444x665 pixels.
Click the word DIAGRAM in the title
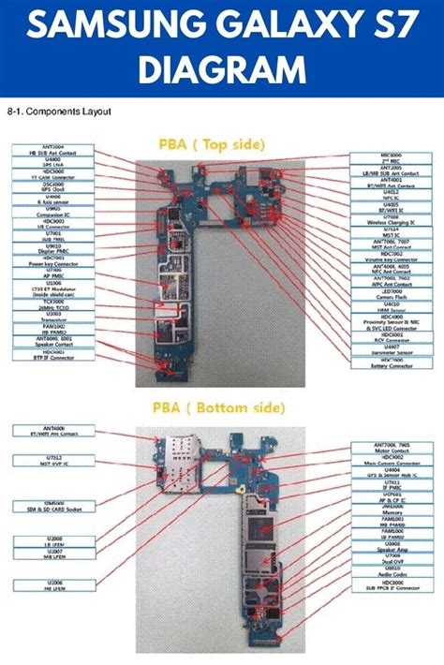[x=221, y=67]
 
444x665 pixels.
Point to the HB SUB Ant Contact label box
[x=46, y=150]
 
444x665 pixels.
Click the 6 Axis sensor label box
[x=46, y=200]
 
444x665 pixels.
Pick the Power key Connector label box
[x=46, y=263]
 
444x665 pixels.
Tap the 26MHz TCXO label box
[x=46, y=306]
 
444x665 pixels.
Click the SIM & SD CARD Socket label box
[x=46, y=507]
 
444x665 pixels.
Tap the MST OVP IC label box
[x=46, y=461]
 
